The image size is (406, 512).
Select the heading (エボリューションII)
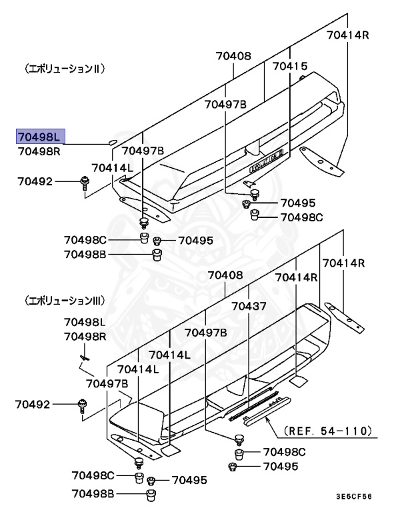coord(64,68)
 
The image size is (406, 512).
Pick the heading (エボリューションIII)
coord(64,301)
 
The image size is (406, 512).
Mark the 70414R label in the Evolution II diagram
coord(347,34)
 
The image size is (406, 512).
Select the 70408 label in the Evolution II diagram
coord(233,56)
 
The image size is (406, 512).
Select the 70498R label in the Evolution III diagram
coord(85,337)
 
